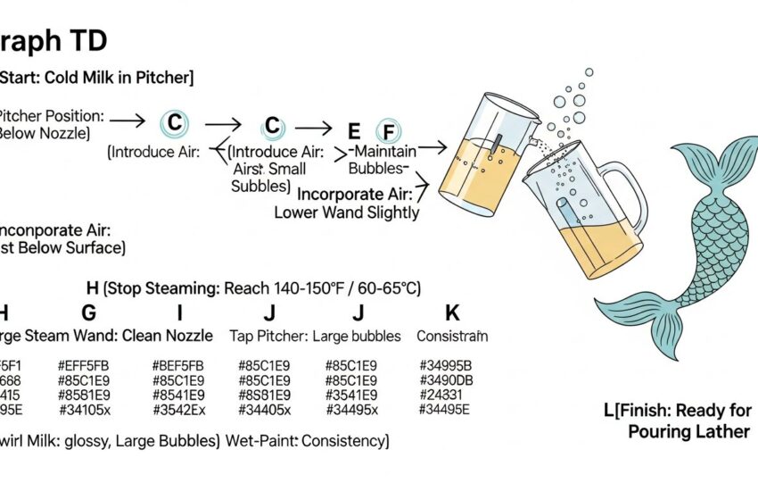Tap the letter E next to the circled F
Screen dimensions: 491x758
354,129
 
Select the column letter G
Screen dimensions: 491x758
88,312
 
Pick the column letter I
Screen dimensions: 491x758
179,312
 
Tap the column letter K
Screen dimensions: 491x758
451,312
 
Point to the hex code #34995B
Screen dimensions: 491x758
445,366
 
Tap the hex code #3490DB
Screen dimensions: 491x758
445,380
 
